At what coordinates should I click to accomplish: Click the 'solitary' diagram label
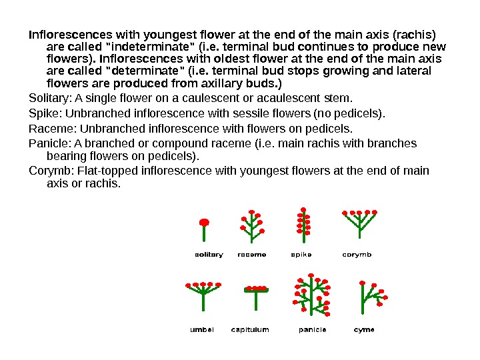(x=209, y=255)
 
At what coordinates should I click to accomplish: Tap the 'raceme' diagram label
(x=252, y=255)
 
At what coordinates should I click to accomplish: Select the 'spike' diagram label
(x=301, y=255)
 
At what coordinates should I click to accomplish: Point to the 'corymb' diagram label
(x=357, y=255)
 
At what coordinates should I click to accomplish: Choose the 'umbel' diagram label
(x=202, y=329)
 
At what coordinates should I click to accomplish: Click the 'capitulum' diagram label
(x=250, y=329)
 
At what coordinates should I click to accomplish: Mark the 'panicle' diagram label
(x=312, y=329)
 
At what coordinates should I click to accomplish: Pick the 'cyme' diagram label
(x=364, y=329)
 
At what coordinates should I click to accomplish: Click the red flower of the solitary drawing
(x=205, y=222)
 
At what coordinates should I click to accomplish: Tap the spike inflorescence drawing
(x=303, y=223)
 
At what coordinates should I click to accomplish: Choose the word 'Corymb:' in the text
(x=51, y=171)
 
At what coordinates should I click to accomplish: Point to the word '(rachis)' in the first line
(x=413, y=33)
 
